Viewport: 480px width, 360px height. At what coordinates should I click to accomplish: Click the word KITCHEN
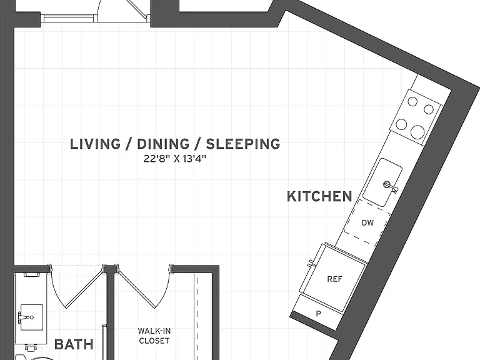coord(319,196)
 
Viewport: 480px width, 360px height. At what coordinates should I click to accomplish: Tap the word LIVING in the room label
coord(96,144)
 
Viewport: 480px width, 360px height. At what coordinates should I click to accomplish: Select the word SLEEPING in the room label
coord(243,144)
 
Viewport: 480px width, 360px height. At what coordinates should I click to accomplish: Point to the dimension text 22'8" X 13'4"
coord(175,159)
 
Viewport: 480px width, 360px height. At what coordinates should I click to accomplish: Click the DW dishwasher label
coord(367,223)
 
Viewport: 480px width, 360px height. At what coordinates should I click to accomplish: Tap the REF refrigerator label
coord(334,279)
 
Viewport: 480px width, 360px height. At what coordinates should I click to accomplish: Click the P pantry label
coord(318,314)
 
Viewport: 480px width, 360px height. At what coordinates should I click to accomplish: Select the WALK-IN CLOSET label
coord(154,336)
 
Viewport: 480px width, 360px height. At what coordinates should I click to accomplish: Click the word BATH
coord(74,344)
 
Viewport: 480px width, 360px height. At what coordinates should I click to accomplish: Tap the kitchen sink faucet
coord(391,186)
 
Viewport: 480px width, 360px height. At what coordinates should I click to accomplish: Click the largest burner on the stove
coord(417,132)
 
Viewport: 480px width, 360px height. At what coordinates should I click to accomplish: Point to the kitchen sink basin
coord(382,182)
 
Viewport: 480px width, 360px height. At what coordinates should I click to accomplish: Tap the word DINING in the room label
coord(163,144)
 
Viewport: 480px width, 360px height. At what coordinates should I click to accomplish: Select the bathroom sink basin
coord(31,317)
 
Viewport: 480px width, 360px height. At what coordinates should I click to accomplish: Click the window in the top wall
coord(68,18)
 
